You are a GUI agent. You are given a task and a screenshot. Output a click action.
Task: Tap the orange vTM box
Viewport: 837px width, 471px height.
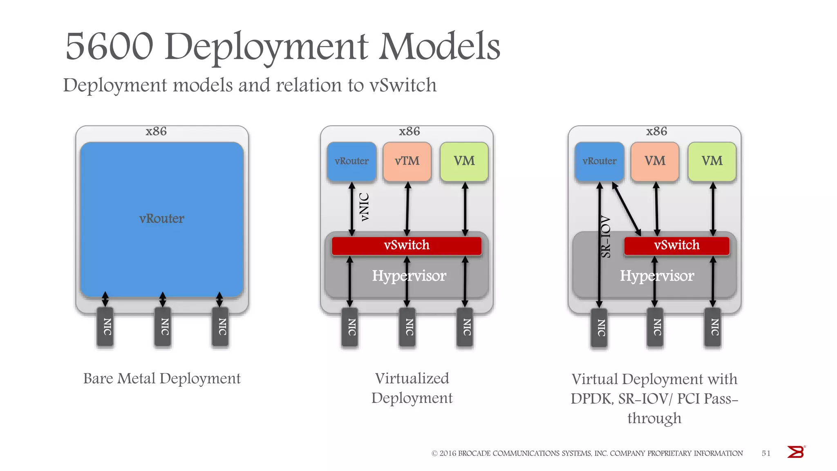[407, 161]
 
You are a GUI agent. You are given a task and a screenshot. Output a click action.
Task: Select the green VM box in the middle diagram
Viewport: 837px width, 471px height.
[464, 161]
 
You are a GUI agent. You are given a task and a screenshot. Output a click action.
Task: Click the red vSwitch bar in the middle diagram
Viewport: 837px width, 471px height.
[406, 245]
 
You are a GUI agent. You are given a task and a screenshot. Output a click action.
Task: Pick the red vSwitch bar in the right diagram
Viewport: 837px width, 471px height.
[676, 245]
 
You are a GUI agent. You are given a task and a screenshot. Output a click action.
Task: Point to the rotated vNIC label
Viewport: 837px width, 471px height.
[364, 207]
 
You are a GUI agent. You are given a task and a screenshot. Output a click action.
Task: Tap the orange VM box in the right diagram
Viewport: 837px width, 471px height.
[655, 161]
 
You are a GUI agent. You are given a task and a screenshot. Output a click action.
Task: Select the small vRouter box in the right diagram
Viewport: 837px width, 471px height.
[599, 161]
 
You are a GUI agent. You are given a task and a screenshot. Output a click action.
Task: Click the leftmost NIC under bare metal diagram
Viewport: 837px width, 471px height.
[106, 327]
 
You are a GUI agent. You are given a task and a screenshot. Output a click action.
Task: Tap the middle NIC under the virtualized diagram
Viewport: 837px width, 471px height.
[407, 327]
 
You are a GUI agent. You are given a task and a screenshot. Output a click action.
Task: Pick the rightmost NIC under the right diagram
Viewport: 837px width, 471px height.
[713, 327]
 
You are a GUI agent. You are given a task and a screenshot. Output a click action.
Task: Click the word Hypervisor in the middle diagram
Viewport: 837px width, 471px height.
[409, 276]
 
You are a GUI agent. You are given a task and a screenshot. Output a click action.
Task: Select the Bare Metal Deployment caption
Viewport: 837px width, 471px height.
[162, 379]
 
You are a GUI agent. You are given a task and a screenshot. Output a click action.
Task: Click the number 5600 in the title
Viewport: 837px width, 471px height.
[109, 46]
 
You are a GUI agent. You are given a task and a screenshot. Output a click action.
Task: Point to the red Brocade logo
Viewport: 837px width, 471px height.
[796, 452]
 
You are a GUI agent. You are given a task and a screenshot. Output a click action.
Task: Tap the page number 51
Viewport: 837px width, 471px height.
[765, 453]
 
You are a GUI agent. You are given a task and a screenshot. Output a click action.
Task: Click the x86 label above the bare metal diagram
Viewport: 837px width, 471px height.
[156, 131]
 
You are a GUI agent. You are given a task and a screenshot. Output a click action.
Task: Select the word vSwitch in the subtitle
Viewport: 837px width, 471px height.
[403, 85]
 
